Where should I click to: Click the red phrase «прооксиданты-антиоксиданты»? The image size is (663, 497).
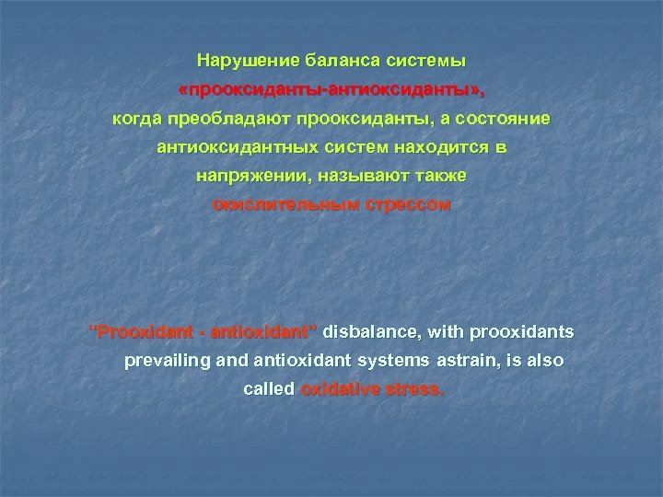click(331, 90)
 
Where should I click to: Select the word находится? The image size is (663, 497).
click(437, 147)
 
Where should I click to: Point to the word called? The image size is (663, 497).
click(267, 389)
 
